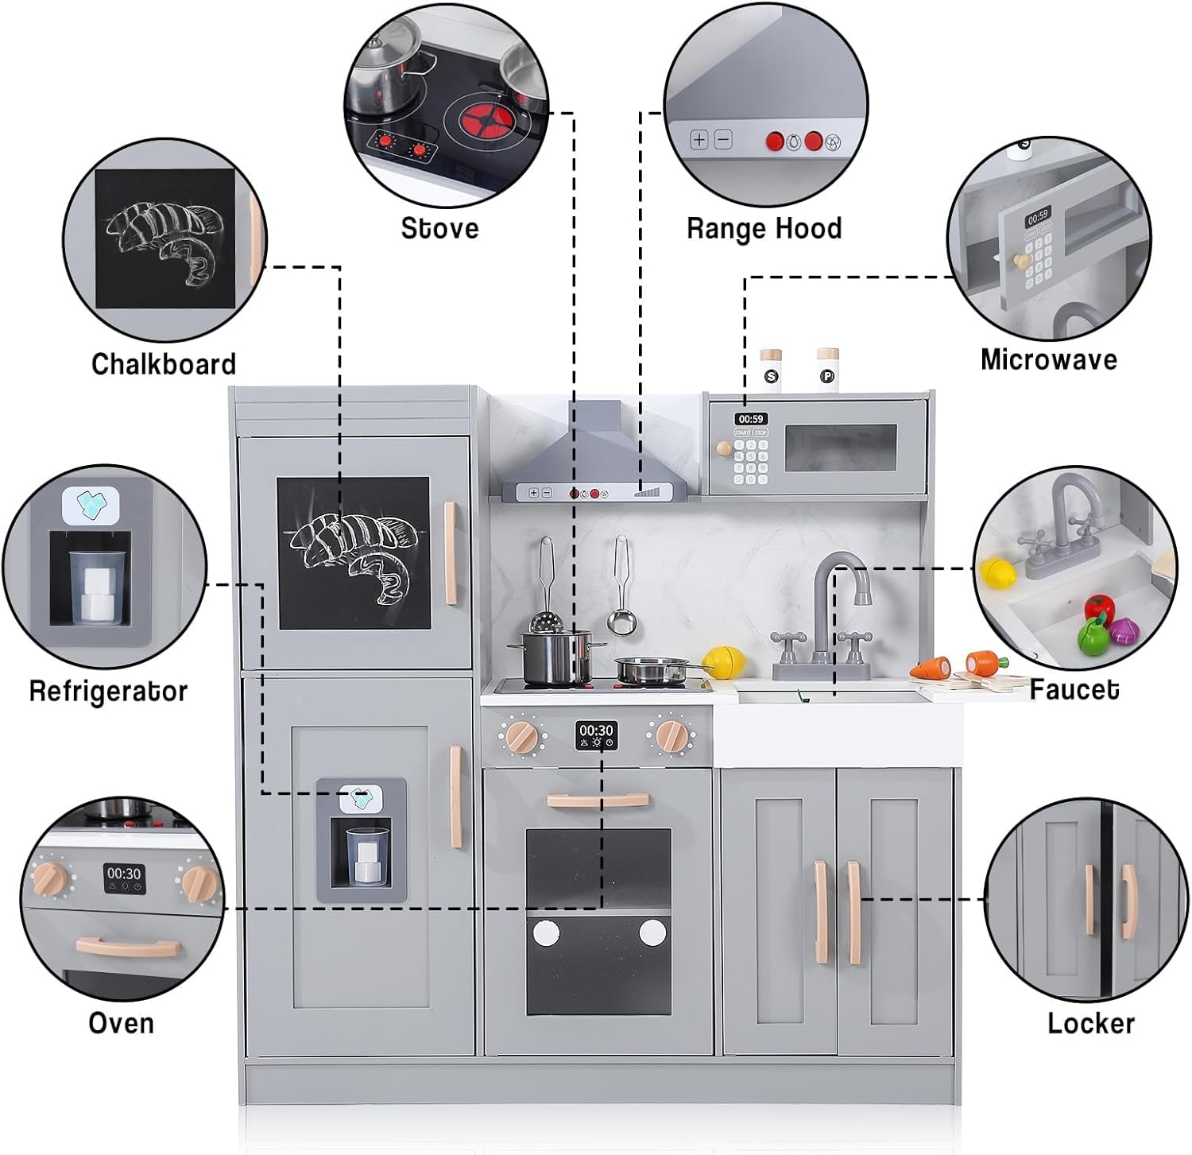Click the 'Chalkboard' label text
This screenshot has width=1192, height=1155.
click(164, 364)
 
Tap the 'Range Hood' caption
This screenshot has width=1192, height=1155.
click(764, 229)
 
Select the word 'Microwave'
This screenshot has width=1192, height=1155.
click(1048, 359)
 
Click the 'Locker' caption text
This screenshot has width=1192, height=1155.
click(1090, 1023)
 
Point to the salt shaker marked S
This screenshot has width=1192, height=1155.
click(770, 371)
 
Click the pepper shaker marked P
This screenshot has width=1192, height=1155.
click(827, 370)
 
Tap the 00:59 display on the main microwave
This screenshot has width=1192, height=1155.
click(750, 419)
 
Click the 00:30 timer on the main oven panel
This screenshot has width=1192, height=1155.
click(596, 731)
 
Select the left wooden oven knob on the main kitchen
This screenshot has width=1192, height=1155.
click(522, 737)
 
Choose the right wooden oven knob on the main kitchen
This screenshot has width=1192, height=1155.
click(671, 736)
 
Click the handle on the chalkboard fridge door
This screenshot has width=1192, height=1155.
click(450, 552)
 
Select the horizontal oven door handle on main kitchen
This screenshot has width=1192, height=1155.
click(597, 800)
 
